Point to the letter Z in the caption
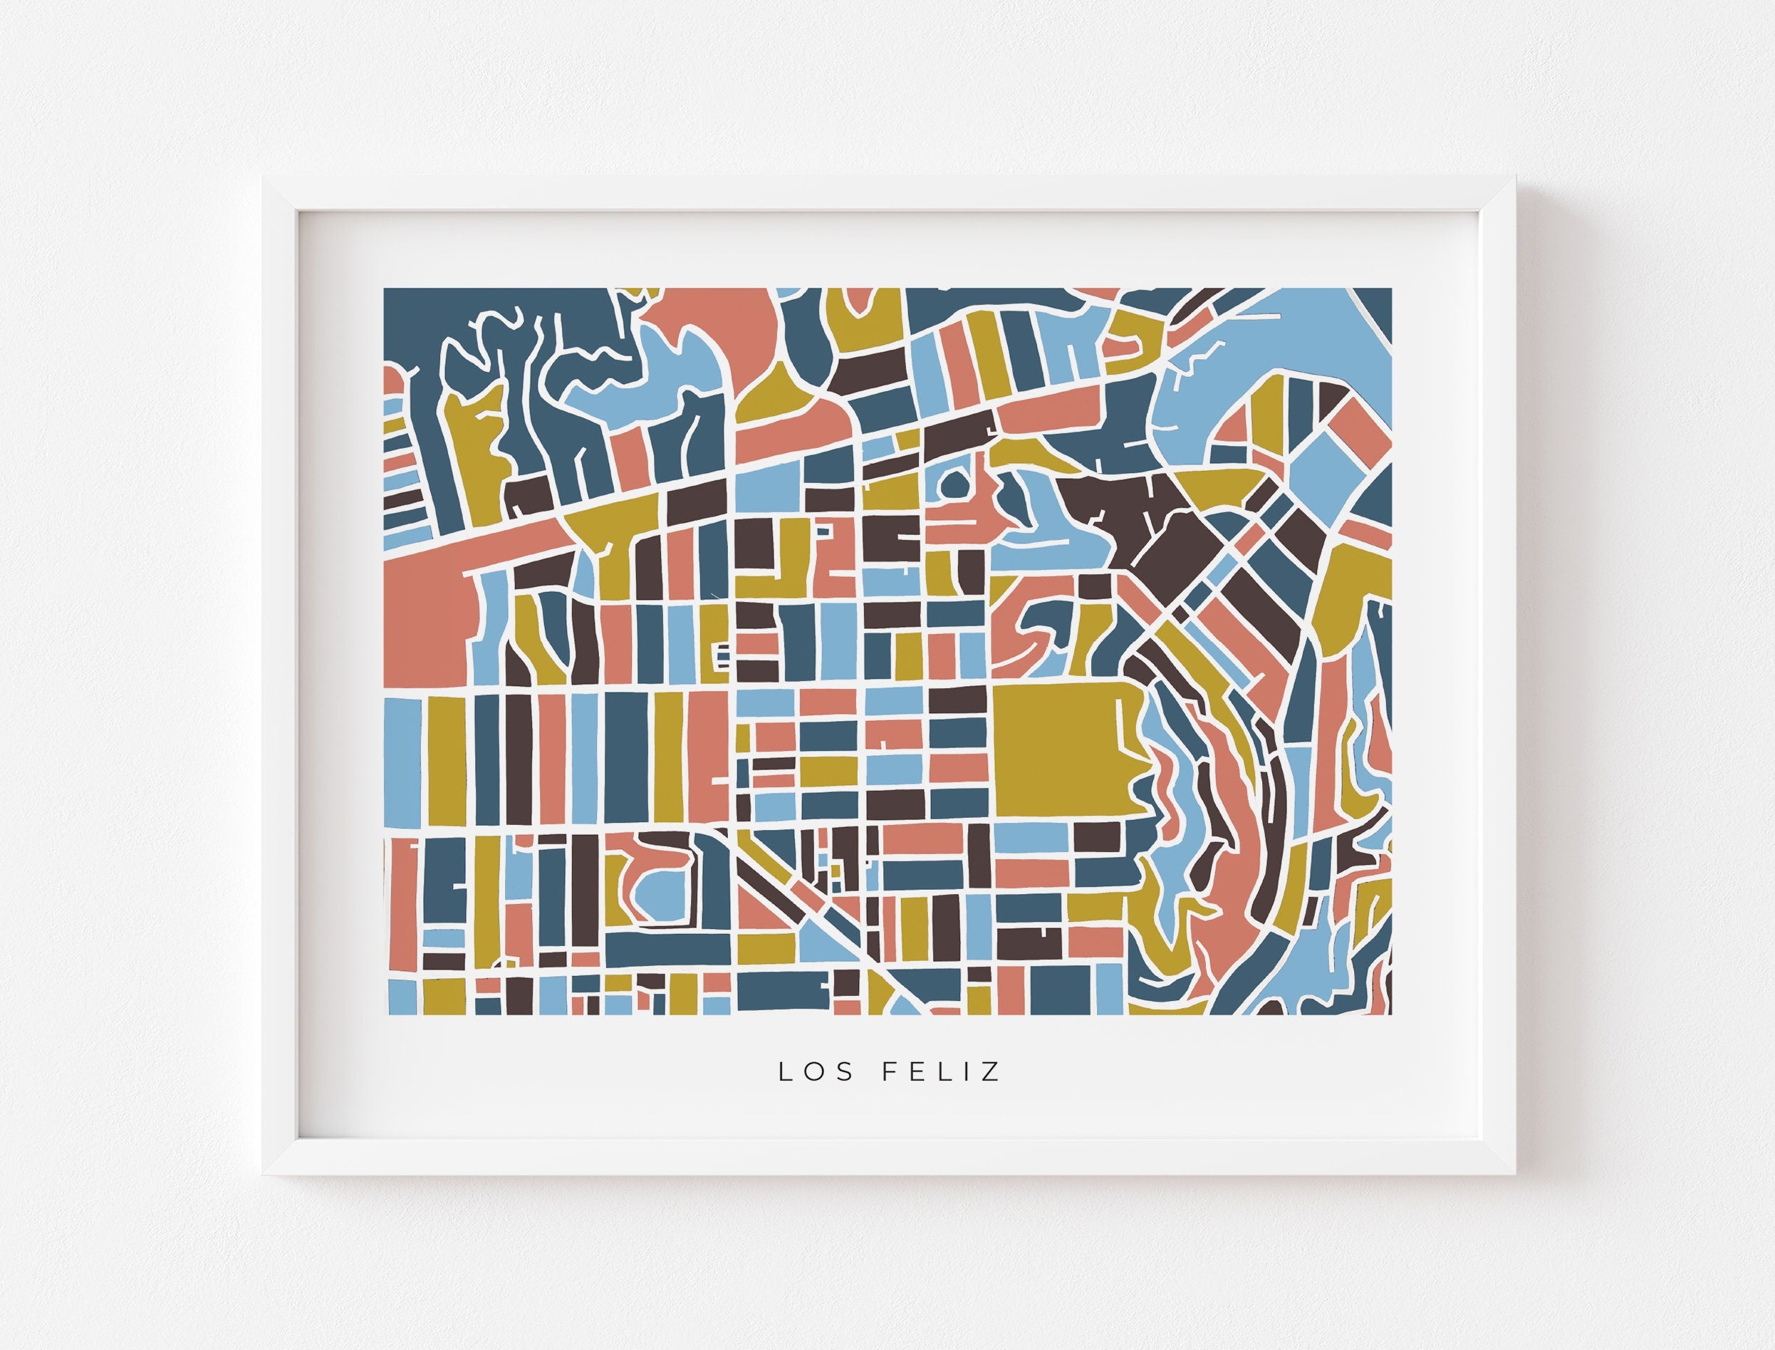[992, 1072]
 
